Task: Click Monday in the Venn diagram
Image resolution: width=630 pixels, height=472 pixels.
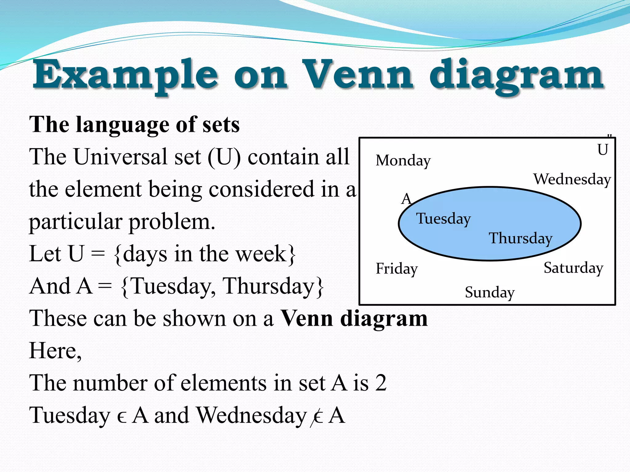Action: [403, 161]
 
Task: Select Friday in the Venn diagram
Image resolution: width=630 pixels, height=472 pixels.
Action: [397, 269]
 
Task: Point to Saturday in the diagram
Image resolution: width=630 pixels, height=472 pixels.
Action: [573, 268]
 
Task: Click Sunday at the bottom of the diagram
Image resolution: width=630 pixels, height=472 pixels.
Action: [489, 292]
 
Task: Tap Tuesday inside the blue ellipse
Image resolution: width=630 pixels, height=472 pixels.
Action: [443, 219]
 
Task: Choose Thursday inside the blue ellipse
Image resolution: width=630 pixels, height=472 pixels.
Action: [520, 238]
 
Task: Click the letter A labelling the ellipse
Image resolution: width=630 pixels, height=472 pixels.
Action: [406, 199]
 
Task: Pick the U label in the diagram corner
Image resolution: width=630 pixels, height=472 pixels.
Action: [603, 150]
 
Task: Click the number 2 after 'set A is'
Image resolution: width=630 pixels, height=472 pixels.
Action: [381, 383]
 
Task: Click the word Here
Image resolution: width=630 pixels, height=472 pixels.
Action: [55, 351]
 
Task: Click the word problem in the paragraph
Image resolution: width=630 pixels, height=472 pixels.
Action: [172, 222]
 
